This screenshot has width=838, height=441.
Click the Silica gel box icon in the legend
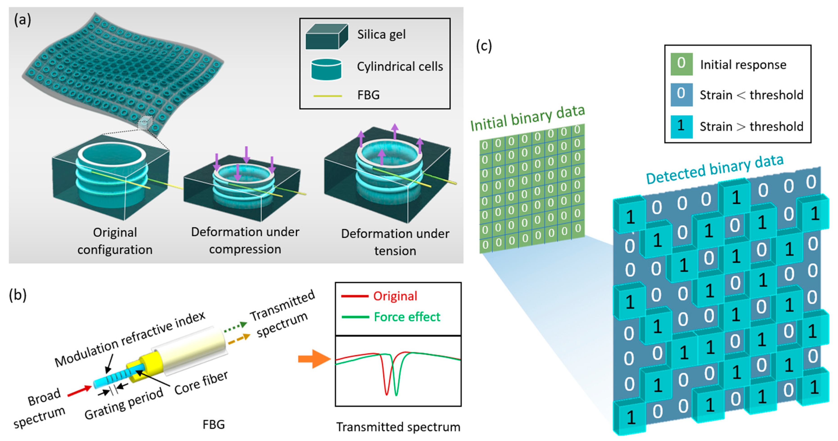coord(327,37)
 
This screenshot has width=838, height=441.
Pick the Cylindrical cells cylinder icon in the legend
coord(326,69)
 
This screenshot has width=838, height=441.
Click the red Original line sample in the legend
coord(355,296)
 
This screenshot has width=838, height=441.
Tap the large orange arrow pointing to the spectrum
coord(314,359)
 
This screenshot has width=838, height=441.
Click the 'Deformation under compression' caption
coord(245,240)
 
